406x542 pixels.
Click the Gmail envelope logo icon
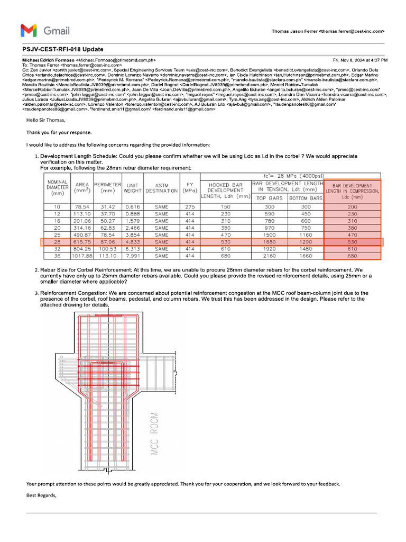tap(29, 31)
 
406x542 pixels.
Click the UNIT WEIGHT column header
tap(132, 187)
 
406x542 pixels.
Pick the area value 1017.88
tap(81, 256)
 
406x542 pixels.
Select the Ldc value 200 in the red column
tap(353, 206)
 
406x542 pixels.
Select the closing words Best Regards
tap(41, 495)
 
